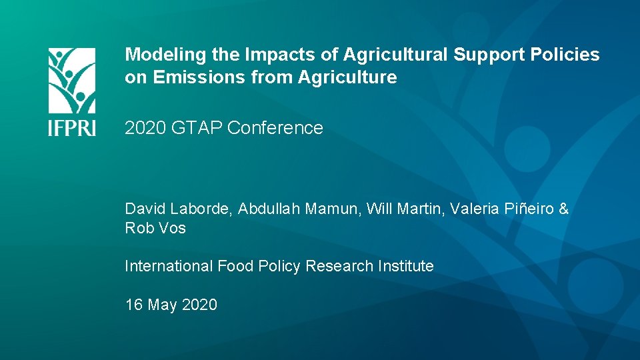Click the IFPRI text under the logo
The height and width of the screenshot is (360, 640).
(x=72, y=127)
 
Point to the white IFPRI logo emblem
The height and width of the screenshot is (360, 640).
(x=72, y=80)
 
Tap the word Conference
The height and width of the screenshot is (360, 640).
(x=275, y=128)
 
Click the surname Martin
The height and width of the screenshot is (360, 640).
(x=419, y=209)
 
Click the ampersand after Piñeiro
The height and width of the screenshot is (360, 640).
(x=563, y=209)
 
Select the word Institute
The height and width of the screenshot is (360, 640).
(x=406, y=266)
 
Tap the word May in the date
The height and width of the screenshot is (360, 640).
(x=162, y=305)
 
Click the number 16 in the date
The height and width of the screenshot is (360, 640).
(x=133, y=305)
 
